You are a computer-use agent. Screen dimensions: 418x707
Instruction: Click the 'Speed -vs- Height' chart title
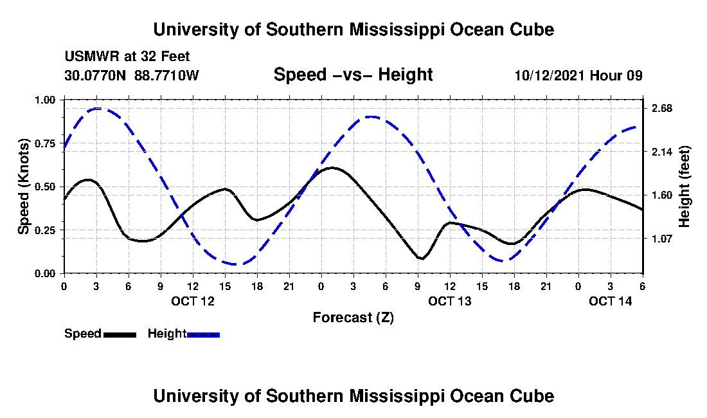[x=353, y=75]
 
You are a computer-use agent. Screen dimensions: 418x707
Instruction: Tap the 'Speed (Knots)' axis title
[x=24, y=186]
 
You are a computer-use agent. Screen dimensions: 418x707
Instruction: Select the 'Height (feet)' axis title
[x=684, y=186]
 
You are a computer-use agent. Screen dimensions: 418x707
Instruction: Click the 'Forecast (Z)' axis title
[x=353, y=317]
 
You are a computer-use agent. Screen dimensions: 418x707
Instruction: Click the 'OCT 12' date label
[x=192, y=301]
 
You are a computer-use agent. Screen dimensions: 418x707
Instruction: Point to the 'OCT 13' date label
[x=450, y=301]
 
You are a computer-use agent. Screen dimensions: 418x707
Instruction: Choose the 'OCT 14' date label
[x=611, y=301]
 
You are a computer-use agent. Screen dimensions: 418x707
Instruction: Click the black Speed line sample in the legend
[x=120, y=334]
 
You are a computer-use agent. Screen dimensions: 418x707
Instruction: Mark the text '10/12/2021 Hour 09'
[x=578, y=75]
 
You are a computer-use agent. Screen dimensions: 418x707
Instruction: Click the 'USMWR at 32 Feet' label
[x=127, y=57]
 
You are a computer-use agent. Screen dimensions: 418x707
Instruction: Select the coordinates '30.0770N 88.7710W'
[x=132, y=75]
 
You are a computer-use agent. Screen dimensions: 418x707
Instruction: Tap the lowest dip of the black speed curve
[x=422, y=259]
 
